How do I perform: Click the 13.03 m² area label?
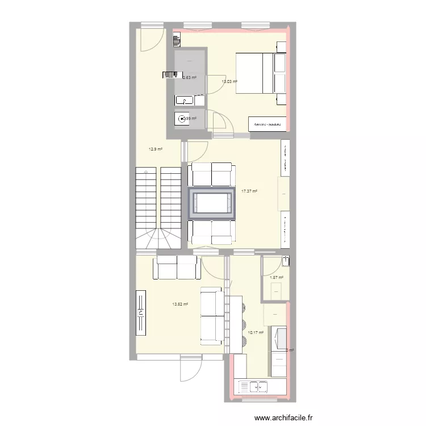(229, 82)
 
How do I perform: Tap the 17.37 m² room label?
(249, 191)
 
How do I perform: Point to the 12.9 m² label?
(156, 149)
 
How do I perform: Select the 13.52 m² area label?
(180, 304)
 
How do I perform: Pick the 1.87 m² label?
(276, 277)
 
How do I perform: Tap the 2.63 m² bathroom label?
(189, 78)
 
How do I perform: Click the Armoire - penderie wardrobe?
(268, 124)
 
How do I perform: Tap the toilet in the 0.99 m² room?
(182, 119)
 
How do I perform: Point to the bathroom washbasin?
(184, 101)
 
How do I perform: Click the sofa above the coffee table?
(211, 174)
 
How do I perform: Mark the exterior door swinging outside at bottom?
(191, 369)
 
